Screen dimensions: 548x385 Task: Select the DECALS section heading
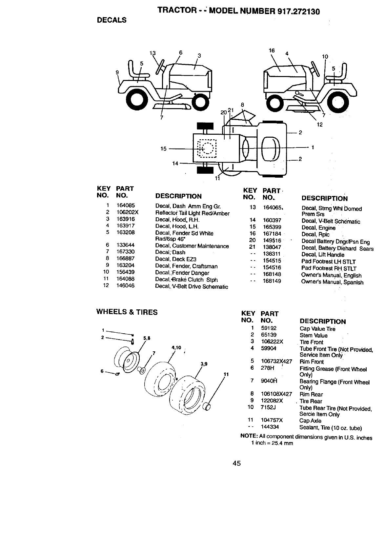[x=111, y=20]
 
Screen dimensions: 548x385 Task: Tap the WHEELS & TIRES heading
[x=127, y=312]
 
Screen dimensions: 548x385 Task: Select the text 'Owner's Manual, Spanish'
[x=332, y=282]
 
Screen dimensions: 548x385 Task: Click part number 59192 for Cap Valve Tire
[x=269, y=328]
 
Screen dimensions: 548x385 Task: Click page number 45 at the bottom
[x=237, y=463]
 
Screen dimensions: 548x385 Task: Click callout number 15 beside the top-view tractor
[x=163, y=149]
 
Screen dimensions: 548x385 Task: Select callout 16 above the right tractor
[x=271, y=50]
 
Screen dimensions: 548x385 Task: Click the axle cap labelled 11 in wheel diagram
[x=207, y=407]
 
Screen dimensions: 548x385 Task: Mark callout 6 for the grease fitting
[x=102, y=371]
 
